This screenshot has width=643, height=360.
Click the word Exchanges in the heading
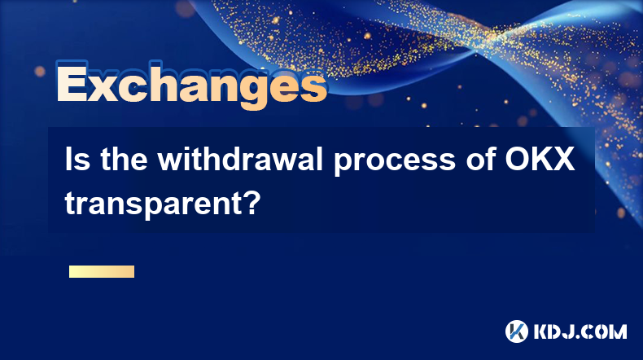pyautogui.click(x=192, y=85)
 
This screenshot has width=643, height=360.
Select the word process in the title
pyautogui.click(x=395, y=162)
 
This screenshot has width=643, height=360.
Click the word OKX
pyautogui.click(x=540, y=160)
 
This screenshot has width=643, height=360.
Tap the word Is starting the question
pyautogui.click(x=77, y=160)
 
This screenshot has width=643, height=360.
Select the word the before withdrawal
pyautogui.click(x=124, y=160)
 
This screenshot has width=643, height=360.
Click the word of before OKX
pyautogui.click(x=479, y=160)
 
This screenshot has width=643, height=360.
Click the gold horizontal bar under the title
pyautogui.click(x=102, y=272)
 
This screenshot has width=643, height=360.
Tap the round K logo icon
pyautogui.click(x=517, y=331)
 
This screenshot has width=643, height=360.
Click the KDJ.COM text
pyautogui.click(x=580, y=331)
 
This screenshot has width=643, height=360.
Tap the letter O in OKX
pyautogui.click(x=516, y=160)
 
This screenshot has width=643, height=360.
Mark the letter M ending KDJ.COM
pyautogui.click(x=617, y=331)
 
